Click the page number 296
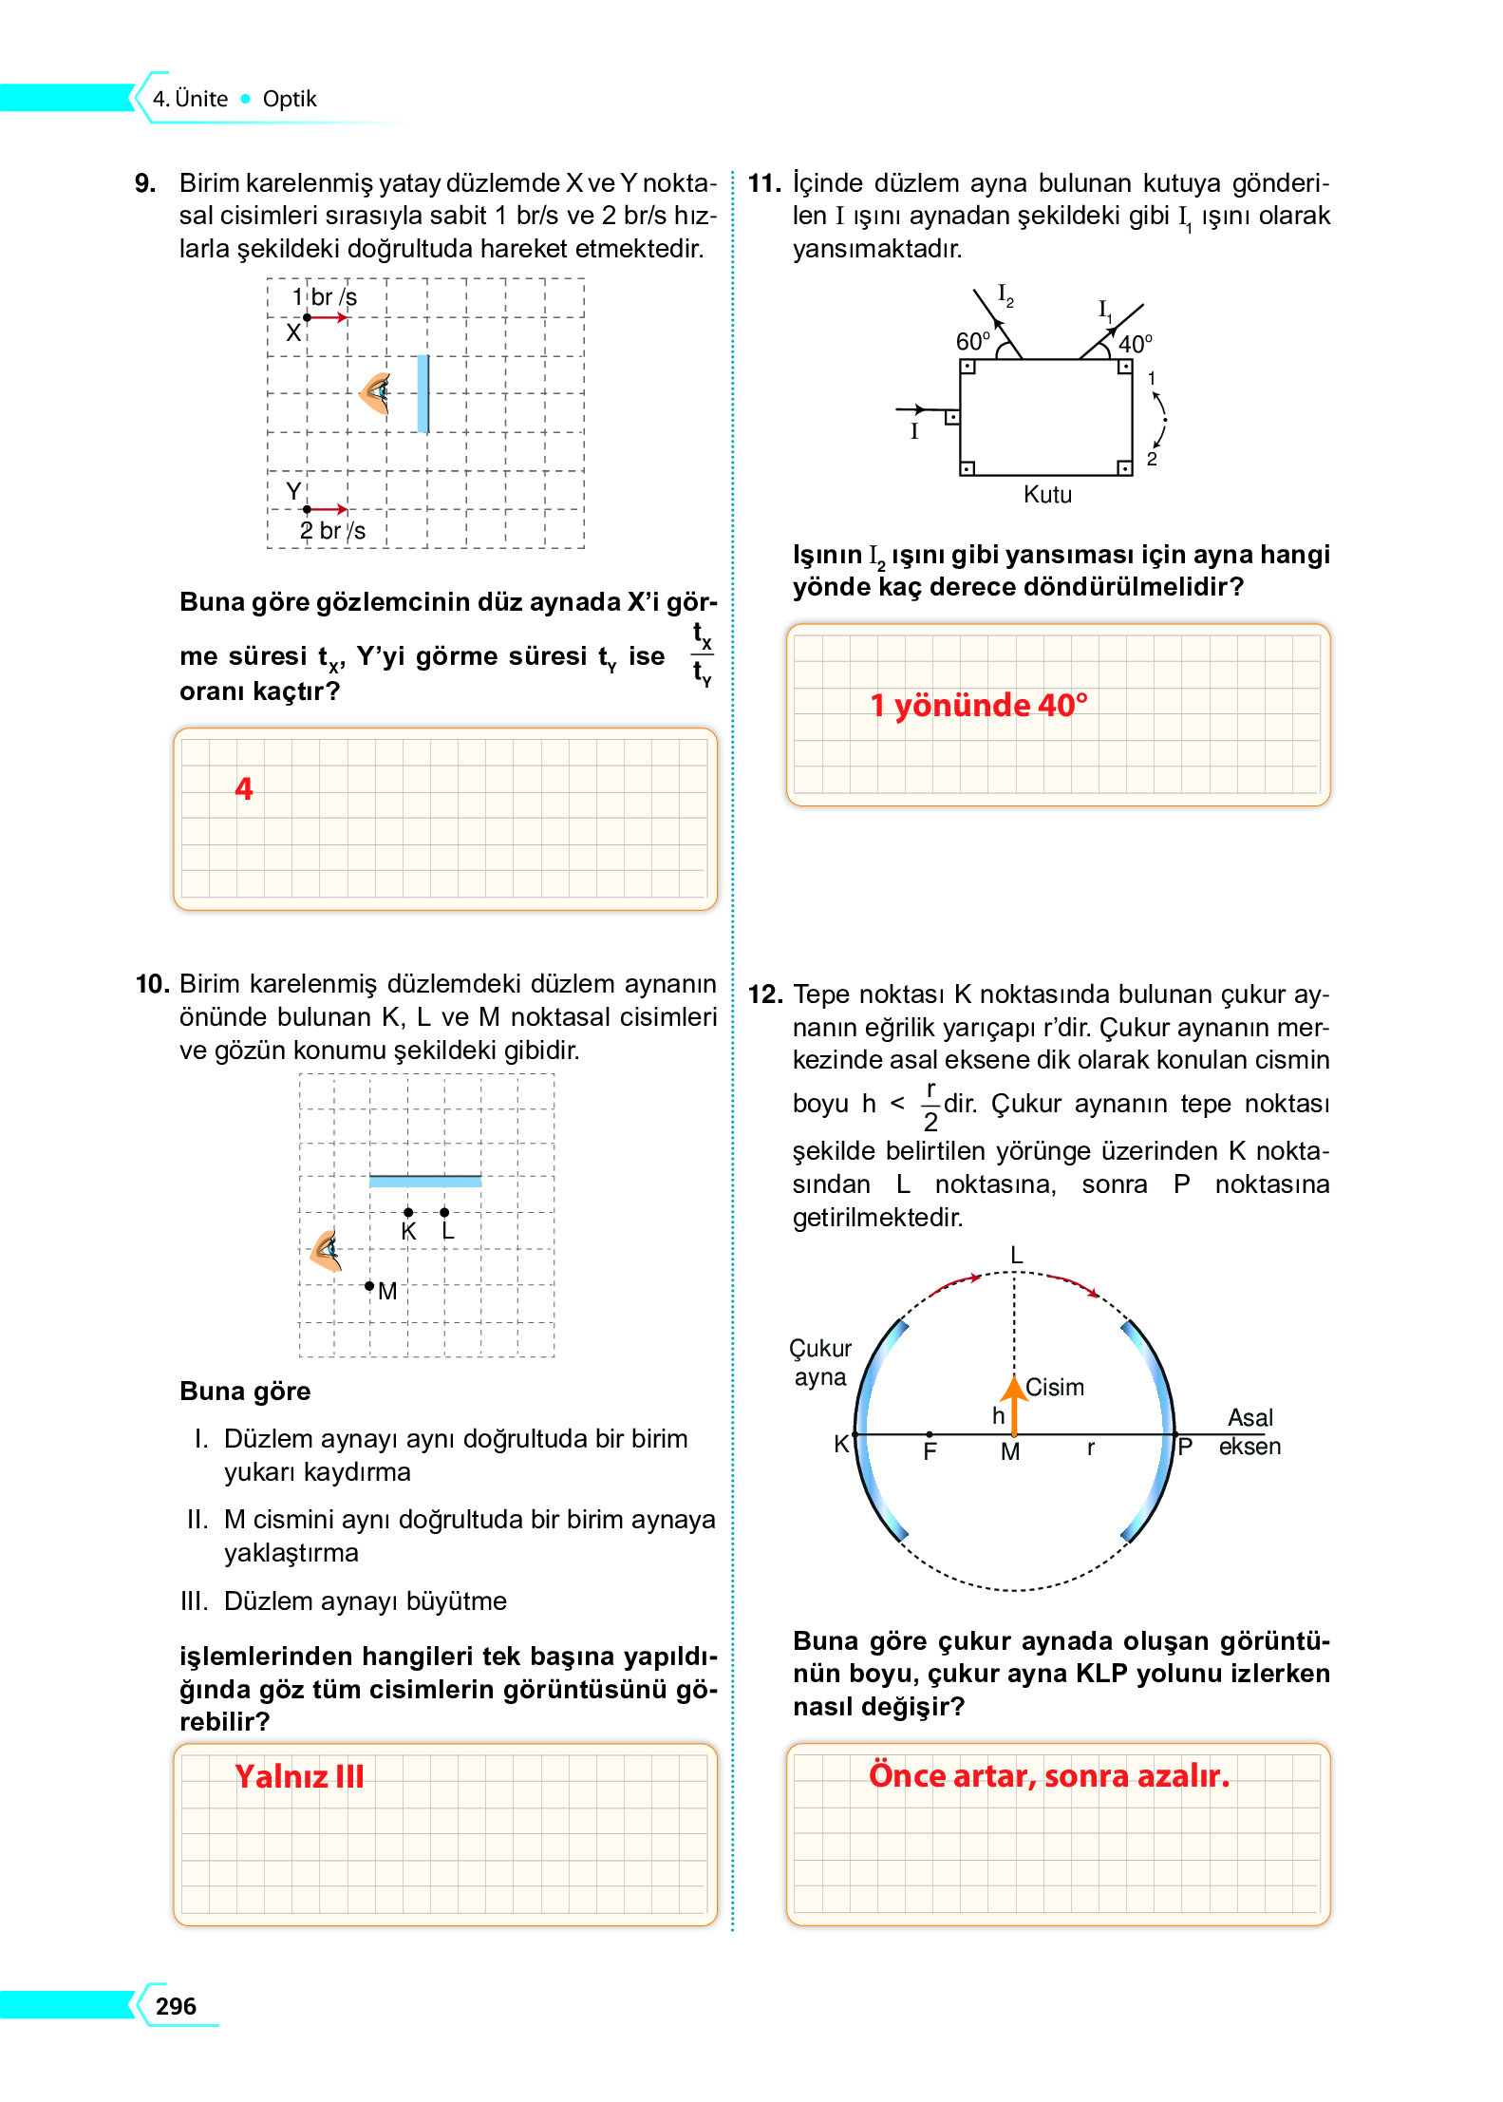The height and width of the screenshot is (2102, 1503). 176,2005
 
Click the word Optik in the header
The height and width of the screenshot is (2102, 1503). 289,99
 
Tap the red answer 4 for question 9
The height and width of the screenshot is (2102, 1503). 244,788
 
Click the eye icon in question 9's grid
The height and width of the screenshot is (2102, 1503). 377,391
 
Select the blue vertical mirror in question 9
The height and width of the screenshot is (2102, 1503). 423,393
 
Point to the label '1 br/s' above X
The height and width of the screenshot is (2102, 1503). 325,297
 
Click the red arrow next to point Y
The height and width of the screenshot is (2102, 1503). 329,509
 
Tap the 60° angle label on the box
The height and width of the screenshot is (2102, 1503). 972,341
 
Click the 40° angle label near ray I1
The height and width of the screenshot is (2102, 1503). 1135,344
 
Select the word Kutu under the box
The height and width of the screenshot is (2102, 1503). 1047,495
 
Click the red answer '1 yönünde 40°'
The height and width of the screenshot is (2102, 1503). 979,706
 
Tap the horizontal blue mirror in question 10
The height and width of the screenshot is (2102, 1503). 424,1181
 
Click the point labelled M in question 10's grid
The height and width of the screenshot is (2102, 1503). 369,1286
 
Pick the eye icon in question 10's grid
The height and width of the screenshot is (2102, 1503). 327,1250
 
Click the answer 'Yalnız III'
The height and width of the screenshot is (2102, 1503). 299,1776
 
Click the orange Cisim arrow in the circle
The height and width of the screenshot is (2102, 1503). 1014,1405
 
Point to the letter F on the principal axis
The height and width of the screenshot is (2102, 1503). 930,1451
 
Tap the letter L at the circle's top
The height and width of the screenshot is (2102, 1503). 1016,1256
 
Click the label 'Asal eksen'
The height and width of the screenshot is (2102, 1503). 1249,1431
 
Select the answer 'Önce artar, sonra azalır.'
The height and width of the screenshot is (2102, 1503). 1049,1775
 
